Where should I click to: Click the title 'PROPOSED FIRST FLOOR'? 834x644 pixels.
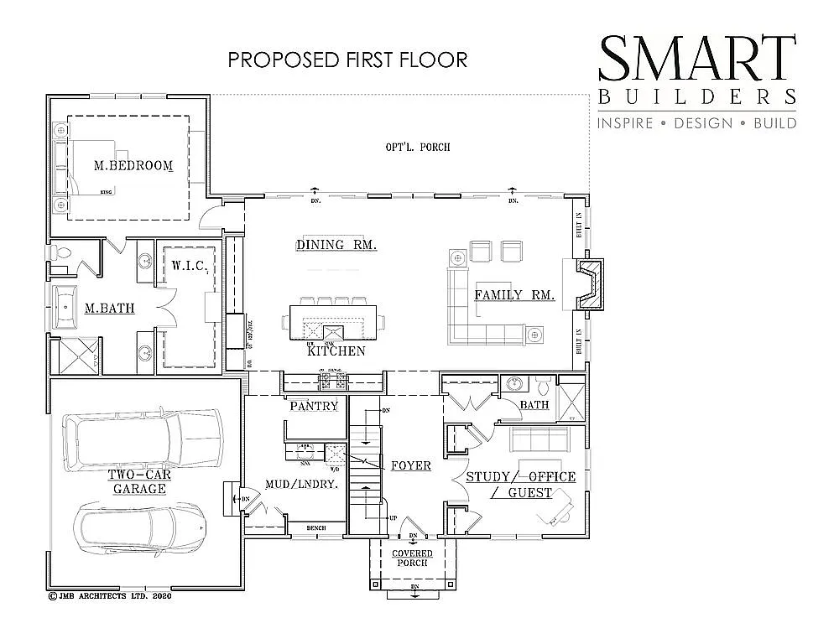[347, 60]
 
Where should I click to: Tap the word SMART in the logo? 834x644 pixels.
[696, 58]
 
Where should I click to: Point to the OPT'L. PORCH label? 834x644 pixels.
[418, 147]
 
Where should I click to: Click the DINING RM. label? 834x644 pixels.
[336, 245]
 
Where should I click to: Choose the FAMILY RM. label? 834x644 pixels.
[514, 295]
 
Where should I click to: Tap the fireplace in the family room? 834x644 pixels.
[592, 285]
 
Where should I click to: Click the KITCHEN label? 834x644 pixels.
[336, 351]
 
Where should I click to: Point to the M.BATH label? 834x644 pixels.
[109, 309]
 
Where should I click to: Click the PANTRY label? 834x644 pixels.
[314, 406]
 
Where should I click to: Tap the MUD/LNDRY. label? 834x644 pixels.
[301, 484]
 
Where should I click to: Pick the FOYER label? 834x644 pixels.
[410, 465]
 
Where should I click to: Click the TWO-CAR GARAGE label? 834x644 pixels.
[139, 481]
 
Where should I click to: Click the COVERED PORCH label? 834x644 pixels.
[412, 558]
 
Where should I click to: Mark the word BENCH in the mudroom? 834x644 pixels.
[315, 527]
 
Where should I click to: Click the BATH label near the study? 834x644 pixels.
[534, 405]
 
